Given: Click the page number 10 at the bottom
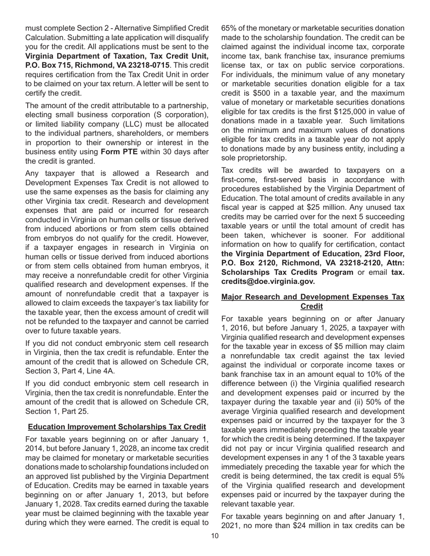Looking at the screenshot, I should pyautogui.click(x=215, y=536).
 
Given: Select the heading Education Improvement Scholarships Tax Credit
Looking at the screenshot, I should pyautogui.click(x=117, y=426).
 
